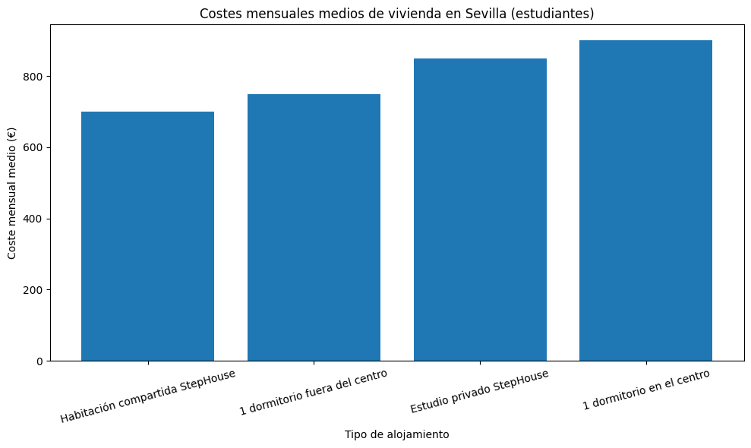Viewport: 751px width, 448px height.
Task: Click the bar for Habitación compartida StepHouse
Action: (147, 235)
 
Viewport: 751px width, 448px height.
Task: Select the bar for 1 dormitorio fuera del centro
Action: (314, 227)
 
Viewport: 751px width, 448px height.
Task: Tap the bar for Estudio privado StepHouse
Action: (480, 209)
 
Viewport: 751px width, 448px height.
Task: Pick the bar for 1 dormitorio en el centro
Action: (645, 200)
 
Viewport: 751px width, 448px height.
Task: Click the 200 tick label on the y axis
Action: (33, 290)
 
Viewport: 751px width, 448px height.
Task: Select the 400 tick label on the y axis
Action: (33, 219)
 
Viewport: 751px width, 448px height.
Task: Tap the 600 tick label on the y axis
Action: (33, 147)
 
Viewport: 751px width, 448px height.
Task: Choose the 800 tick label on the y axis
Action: (33, 77)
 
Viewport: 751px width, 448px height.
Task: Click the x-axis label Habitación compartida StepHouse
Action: (148, 395)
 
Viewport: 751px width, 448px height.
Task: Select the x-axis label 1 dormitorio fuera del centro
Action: (314, 392)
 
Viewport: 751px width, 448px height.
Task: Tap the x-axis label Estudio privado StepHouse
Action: (479, 391)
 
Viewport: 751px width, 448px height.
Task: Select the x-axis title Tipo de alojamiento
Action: (396, 435)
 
